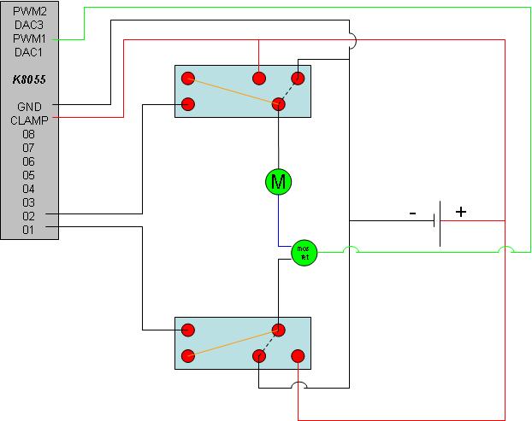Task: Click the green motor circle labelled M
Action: (278, 180)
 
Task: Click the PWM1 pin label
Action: (29, 38)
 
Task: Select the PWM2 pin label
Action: (29, 11)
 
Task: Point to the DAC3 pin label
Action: (29, 25)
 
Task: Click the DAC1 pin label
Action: (29, 52)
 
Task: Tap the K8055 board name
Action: (29, 79)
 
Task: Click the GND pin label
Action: (29, 106)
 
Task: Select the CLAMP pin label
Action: (29, 120)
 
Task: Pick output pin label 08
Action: (29, 134)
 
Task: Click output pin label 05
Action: (29, 175)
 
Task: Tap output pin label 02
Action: (29, 216)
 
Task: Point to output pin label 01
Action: (29, 229)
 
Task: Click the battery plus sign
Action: (461, 212)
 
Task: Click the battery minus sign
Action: (412, 213)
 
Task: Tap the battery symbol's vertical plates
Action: (437, 222)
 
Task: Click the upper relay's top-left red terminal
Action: (188, 78)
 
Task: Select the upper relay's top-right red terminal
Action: (298, 78)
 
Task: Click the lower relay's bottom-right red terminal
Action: (298, 355)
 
